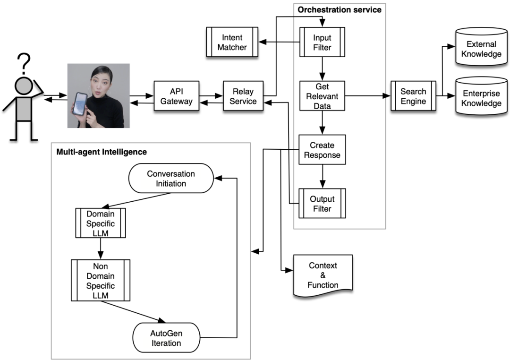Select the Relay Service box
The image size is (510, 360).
(243, 96)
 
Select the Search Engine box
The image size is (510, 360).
(413, 96)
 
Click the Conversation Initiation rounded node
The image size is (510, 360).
(171, 178)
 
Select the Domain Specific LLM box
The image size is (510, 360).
(100, 223)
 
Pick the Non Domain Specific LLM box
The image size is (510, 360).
(100, 280)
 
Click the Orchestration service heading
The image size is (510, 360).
(339, 9)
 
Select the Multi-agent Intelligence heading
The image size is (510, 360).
(102, 152)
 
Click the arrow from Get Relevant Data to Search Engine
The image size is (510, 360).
(368, 96)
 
